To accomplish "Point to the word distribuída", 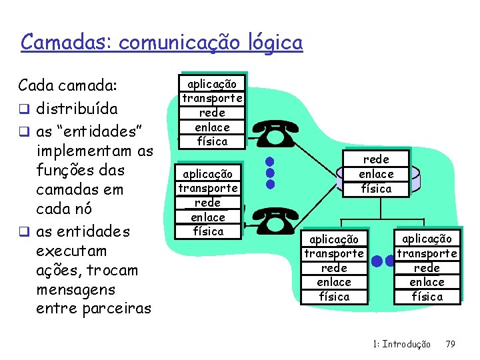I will tap(77, 107).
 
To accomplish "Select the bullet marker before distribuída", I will tap(24, 109).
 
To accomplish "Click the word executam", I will tap(71, 251).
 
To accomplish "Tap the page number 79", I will tap(450, 344).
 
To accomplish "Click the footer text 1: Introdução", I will tap(402, 344).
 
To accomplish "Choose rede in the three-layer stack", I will tap(376, 159).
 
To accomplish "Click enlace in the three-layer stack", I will tap(376, 173).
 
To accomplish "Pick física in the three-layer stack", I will tap(376, 188).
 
